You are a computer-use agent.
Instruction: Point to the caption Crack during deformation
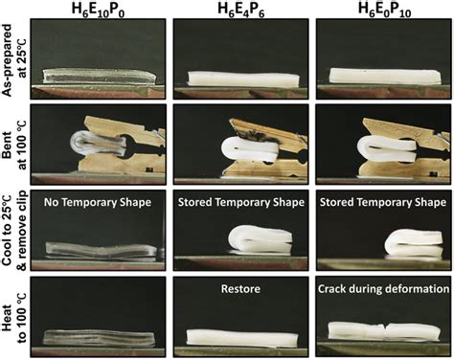(x=380, y=284)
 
